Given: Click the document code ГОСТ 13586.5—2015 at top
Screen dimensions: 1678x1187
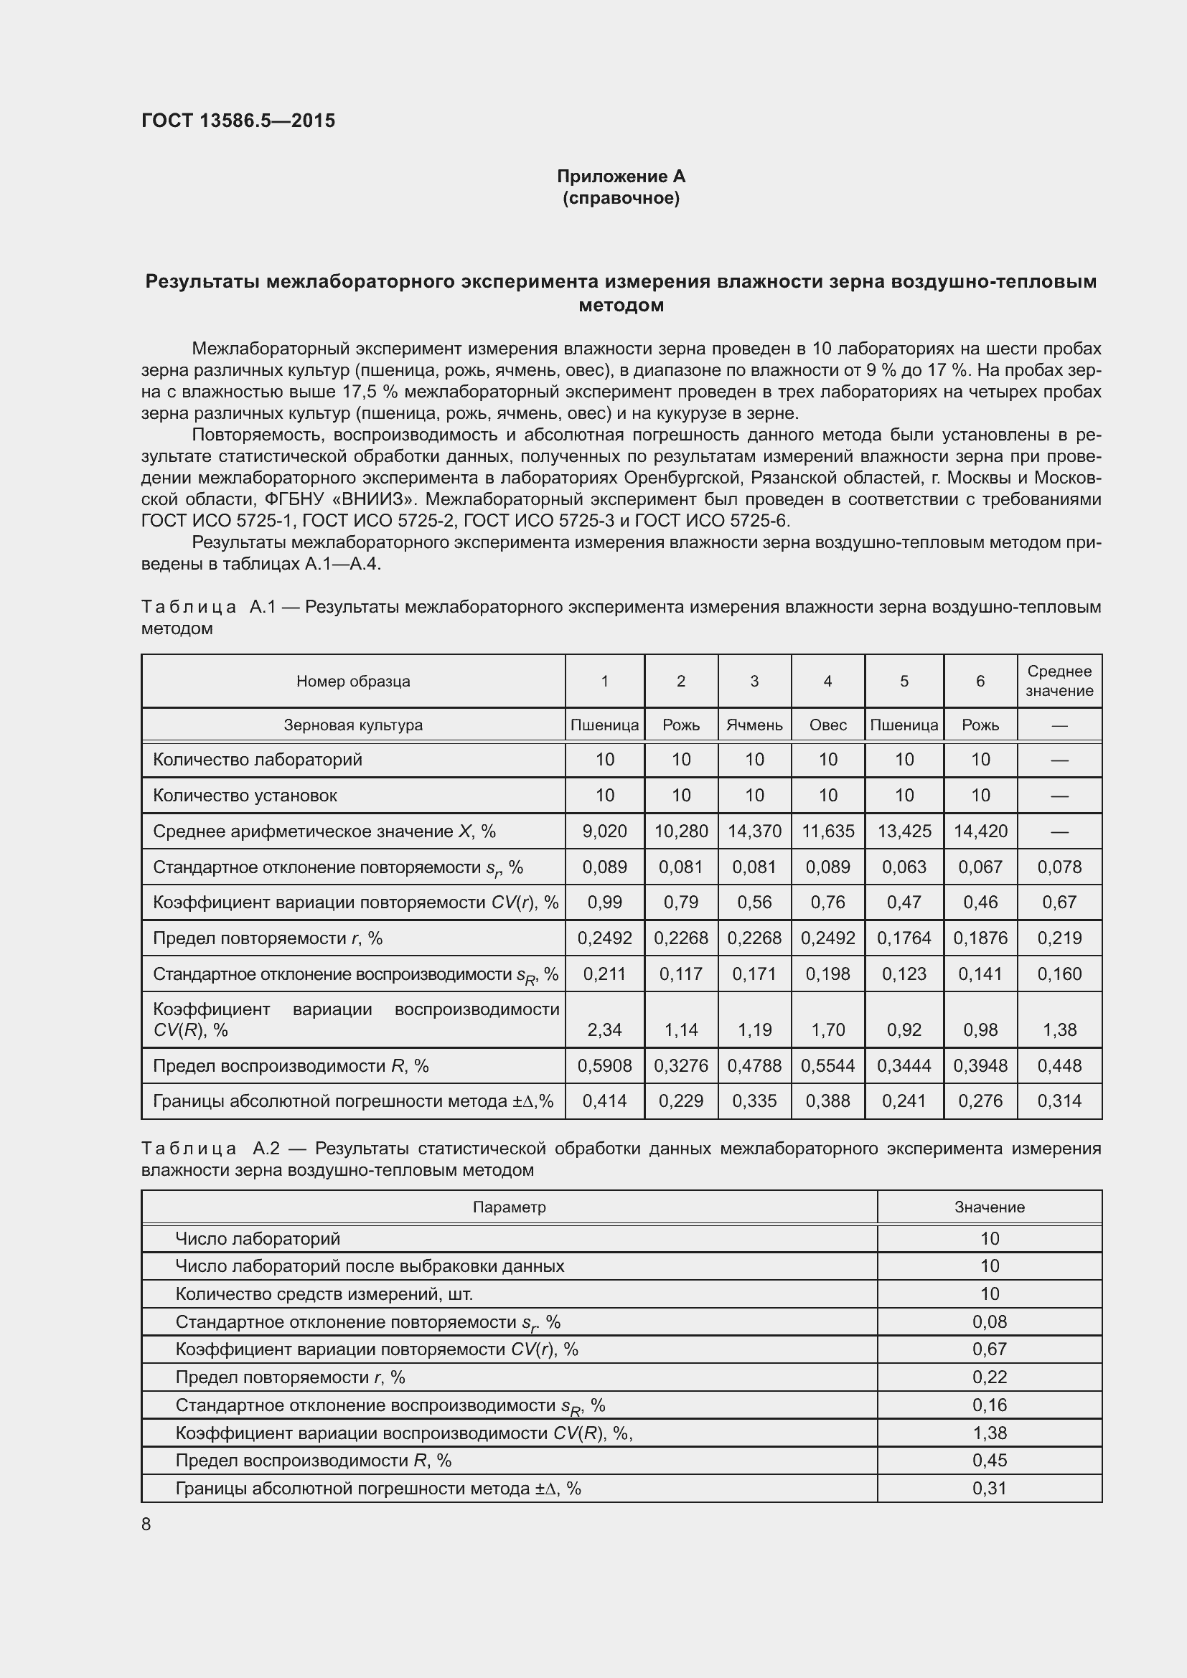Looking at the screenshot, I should click(x=238, y=121).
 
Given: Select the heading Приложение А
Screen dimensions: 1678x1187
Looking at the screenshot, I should click(x=621, y=176).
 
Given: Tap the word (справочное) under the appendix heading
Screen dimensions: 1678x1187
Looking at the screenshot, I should click(x=621, y=198).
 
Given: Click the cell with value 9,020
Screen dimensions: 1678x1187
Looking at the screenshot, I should click(x=604, y=831).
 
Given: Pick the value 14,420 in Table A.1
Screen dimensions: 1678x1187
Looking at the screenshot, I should click(x=980, y=831).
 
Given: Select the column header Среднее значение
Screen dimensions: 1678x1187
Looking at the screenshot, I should click(x=1059, y=680).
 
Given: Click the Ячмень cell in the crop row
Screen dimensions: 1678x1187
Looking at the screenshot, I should click(x=754, y=725).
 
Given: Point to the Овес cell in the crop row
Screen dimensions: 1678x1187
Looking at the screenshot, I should click(x=827, y=725).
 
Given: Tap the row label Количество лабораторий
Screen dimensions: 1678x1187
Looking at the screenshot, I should click(x=258, y=759).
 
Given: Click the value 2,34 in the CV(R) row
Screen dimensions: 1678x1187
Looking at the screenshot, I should click(x=604, y=1029).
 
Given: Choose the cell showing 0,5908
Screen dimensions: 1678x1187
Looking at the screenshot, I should click(x=604, y=1065).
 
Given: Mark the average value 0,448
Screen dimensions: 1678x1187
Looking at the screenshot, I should click(x=1059, y=1065).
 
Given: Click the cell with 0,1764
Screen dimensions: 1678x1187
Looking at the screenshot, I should click(x=904, y=938).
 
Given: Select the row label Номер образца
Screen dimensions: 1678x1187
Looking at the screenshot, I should click(x=353, y=681).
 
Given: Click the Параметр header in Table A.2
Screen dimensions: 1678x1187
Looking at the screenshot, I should click(x=509, y=1207).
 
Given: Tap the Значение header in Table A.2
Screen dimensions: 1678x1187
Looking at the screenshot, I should click(x=989, y=1207).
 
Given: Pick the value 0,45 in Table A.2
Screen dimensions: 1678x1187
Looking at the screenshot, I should click(x=989, y=1460).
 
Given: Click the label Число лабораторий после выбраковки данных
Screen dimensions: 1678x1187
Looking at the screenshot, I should click(x=370, y=1265).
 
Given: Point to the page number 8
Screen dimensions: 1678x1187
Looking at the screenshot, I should click(x=146, y=1524).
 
